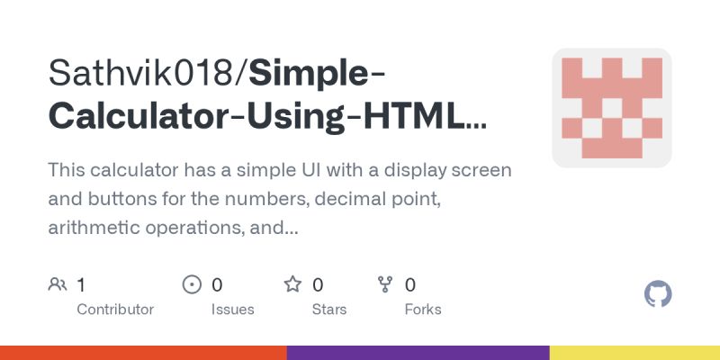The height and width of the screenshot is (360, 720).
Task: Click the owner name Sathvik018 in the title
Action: point(144,74)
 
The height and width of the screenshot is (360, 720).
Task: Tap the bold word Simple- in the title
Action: point(307,74)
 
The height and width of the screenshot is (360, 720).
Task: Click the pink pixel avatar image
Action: point(612,108)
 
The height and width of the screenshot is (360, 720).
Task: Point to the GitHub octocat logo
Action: point(659,294)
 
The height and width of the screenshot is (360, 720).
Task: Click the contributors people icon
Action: point(58,285)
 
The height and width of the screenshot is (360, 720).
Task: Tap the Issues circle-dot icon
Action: point(192,285)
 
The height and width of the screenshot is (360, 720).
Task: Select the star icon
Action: point(292,285)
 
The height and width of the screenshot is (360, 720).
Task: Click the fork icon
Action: point(385,285)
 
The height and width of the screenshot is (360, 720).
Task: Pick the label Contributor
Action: point(115,309)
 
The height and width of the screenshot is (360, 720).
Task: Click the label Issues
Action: point(232,309)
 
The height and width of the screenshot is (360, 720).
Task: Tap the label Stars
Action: point(329,309)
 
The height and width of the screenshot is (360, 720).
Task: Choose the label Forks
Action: point(423,309)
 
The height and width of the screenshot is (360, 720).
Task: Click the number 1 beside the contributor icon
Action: point(81,285)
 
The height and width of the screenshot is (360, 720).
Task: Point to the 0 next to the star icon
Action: point(318,285)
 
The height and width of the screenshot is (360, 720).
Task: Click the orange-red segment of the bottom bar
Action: point(144,353)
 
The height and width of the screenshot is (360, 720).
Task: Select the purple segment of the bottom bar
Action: point(418,353)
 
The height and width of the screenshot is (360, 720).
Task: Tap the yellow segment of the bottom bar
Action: point(634,353)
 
